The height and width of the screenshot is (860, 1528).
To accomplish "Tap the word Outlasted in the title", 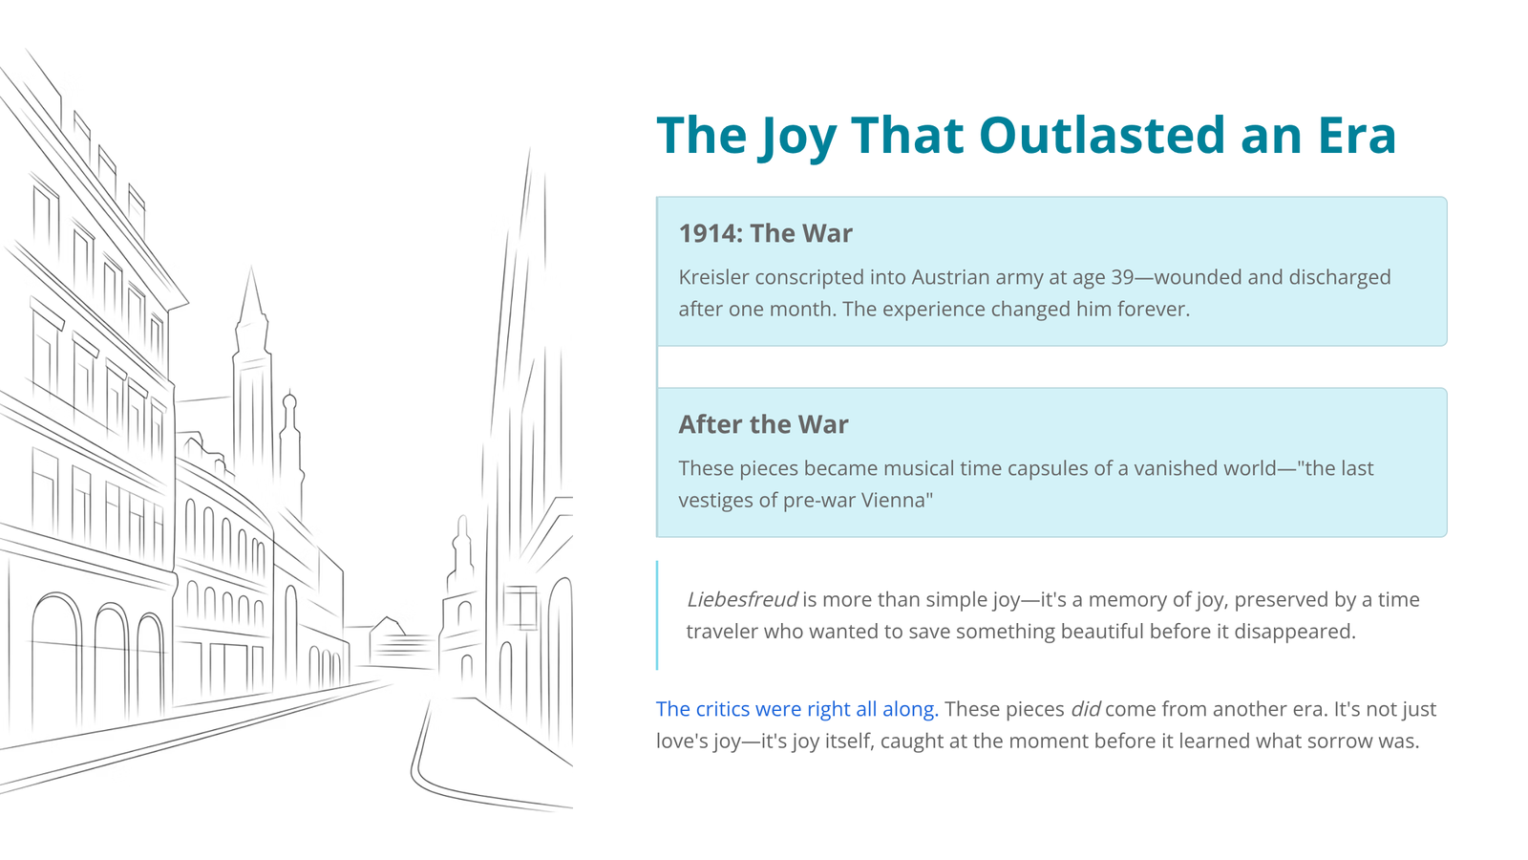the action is pyautogui.click(x=1102, y=135).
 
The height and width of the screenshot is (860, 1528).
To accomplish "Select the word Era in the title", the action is pyautogui.click(x=1357, y=135).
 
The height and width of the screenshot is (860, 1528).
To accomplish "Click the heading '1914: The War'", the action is pyautogui.click(x=765, y=233).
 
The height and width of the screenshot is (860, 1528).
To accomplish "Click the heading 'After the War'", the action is pyautogui.click(x=763, y=424).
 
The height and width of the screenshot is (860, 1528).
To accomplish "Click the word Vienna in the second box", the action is pyautogui.click(x=896, y=501).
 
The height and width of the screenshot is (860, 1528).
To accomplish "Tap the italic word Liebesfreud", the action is pyautogui.click(x=741, y=599).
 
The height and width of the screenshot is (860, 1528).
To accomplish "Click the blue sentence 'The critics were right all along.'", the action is pyautogui.click(x=796, y=709).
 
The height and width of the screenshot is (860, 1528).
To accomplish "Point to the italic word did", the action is pyautogui.click(x=1085, y=709).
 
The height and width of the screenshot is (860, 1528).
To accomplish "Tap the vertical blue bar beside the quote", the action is pyautogui.click(x=657, y=615).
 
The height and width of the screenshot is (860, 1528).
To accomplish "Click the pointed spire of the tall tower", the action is pyautogui.click(x=251, y=293).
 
